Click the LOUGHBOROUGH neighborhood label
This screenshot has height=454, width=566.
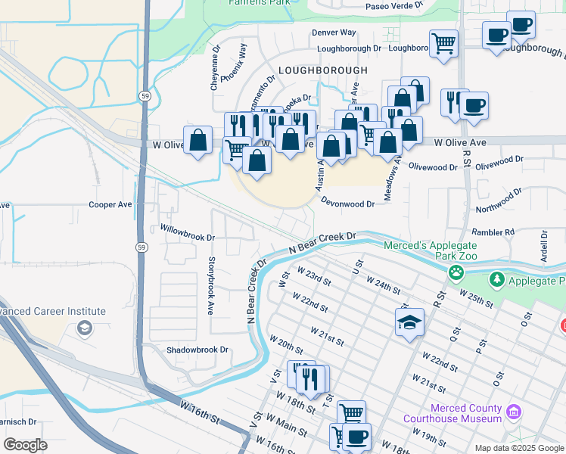322,70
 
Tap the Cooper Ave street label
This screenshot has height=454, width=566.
110,205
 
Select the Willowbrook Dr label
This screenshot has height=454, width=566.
187,232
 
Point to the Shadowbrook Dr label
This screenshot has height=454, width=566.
197,350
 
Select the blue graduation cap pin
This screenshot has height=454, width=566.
409,322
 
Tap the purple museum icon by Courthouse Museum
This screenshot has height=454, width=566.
514,412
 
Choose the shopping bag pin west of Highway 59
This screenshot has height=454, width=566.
197,140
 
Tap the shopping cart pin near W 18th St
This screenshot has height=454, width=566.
351,413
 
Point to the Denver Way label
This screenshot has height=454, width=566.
334,33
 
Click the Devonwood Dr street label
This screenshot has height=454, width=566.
348,204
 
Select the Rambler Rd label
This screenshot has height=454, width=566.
493,232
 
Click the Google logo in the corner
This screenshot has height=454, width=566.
26,445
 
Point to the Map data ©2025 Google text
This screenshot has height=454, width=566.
519,448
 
